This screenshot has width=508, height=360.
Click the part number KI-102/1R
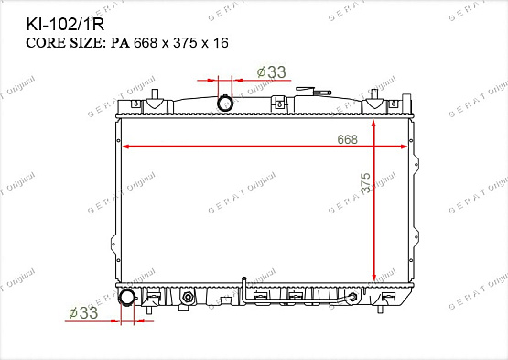click(65, 25)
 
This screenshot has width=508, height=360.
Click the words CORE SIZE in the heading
click(64, 43)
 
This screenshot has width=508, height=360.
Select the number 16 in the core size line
click(221, 43)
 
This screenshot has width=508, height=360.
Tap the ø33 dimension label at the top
click(272, 72)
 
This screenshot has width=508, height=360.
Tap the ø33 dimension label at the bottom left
click(83, 312)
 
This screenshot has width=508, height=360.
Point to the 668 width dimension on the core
click(347, 139)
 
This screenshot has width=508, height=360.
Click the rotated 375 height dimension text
click(365, 183)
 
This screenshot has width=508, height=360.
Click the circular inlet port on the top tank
click(225, 104)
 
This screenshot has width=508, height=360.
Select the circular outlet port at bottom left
click(127, 298)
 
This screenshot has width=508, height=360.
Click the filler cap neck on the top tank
click(305, 91)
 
